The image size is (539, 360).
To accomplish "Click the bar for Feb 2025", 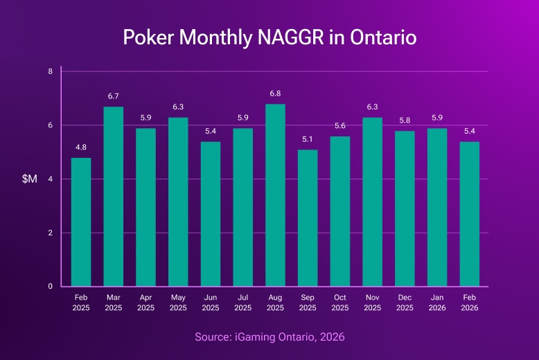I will [81, 222].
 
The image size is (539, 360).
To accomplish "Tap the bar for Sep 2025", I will [308, 217].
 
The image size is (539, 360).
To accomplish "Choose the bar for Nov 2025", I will [373, 201].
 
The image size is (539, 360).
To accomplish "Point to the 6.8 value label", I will [275, 93].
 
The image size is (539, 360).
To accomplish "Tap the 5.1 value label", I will [308, 138].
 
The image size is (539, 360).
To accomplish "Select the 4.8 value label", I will [81, 147].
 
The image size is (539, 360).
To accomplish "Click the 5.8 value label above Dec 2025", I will [405, 120].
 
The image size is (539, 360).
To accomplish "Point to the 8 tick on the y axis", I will [51, 71].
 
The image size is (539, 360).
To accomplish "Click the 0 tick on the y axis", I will [51, 286].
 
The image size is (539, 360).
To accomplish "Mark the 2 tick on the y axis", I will [51, 233].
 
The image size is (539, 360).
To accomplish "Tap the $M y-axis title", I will [30, 179].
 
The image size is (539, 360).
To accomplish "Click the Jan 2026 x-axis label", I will [437, 301].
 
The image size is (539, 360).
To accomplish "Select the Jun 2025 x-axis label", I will [211, 301].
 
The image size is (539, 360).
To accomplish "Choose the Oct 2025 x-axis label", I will [340, 301].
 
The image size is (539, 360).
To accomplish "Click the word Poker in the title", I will [147, 37].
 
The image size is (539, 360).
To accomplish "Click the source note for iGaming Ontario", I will [269, 336].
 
